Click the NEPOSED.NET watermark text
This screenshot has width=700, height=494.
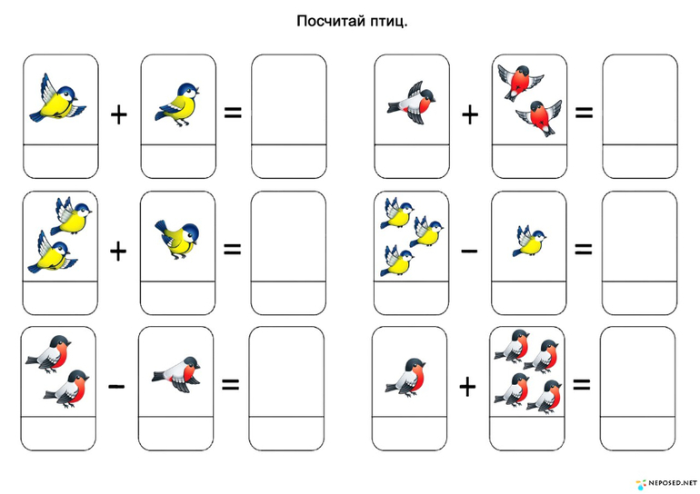coord(673,483)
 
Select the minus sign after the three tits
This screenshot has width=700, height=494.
coord(469,251)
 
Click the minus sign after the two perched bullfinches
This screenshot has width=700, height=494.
coord(116,386)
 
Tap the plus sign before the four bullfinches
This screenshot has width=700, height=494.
coord(467,386)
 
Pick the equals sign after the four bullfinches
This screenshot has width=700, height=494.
coord(581,384)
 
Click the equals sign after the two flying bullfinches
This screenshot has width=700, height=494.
coord(584,113)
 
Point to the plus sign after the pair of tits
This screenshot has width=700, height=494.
coord(118,251)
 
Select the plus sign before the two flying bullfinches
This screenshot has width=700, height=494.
coord(470,115)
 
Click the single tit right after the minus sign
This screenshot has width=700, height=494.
coord(529,241)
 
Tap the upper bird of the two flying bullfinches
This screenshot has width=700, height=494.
coord(520,81)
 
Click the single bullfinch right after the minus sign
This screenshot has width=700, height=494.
coord(176,374)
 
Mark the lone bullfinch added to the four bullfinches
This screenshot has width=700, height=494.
coord(406,376)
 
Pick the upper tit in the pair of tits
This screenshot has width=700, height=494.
coord(72,217)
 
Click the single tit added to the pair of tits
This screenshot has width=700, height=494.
coord(176,239)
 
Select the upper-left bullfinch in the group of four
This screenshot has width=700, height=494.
coord(513,346)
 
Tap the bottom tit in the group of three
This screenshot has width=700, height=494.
coord(397,261)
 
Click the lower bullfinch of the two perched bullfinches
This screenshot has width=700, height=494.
coord(67,389)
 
